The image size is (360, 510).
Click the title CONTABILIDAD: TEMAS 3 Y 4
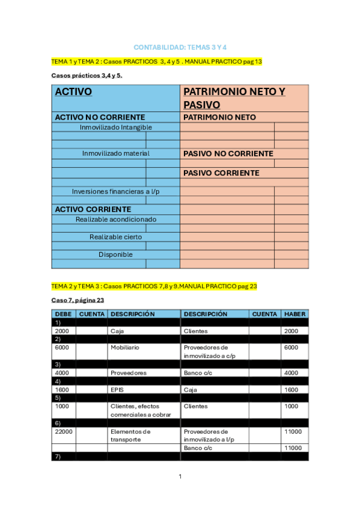180,47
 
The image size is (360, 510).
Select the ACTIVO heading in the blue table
73,92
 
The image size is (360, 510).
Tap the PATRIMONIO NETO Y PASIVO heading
234,98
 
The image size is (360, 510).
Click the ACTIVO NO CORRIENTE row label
100,117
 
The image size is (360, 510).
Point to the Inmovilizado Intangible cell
115,127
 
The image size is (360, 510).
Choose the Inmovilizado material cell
115,153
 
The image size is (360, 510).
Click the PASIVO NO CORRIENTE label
228,154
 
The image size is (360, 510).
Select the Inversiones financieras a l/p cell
115,191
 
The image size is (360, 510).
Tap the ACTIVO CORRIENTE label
93,209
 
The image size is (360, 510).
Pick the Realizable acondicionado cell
115,220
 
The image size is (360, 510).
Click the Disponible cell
115,254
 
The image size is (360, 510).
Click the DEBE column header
63,314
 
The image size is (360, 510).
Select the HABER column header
294,314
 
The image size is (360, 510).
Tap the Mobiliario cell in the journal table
126,348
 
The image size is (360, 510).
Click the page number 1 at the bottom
180,477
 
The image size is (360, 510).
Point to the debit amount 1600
61,390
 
